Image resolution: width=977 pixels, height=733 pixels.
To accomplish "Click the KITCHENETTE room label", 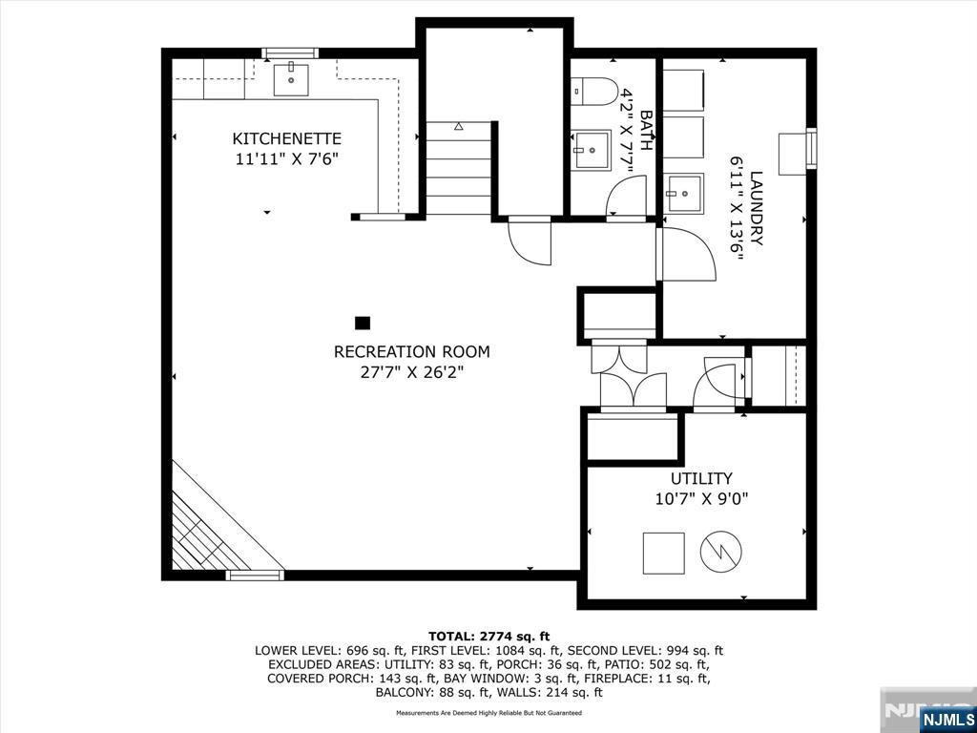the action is click(286, 138).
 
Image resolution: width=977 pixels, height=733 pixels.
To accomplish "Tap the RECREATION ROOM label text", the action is click(412, 352).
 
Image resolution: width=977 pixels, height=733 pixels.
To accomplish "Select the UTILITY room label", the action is click(701, 479).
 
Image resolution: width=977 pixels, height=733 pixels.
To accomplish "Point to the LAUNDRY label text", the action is click(757, 209).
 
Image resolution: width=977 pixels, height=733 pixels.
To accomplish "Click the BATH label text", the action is click(646, 130).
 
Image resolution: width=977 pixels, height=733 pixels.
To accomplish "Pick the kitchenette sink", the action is click(292, 78).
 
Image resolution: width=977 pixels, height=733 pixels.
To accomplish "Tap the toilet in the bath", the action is click(593, 92).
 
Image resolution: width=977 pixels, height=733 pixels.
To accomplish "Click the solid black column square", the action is click(363, 323).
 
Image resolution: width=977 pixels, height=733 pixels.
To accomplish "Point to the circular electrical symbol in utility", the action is click(721, 552).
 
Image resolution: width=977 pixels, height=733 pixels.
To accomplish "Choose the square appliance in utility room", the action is click(664, 553).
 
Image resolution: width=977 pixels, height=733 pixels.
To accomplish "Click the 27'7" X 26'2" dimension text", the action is click(412, 373).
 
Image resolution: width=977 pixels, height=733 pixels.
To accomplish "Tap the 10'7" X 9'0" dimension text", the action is click(701, 498).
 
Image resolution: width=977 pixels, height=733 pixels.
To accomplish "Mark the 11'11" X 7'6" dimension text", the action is click(286, 159).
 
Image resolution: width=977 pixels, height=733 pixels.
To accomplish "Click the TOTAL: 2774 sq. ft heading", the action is click(488, 637).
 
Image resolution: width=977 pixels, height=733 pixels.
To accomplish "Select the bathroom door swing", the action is click(625, 194).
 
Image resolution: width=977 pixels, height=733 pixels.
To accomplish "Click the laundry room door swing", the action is click(689, 254).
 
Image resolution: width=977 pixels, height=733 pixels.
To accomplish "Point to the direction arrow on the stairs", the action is click(459, 126).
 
